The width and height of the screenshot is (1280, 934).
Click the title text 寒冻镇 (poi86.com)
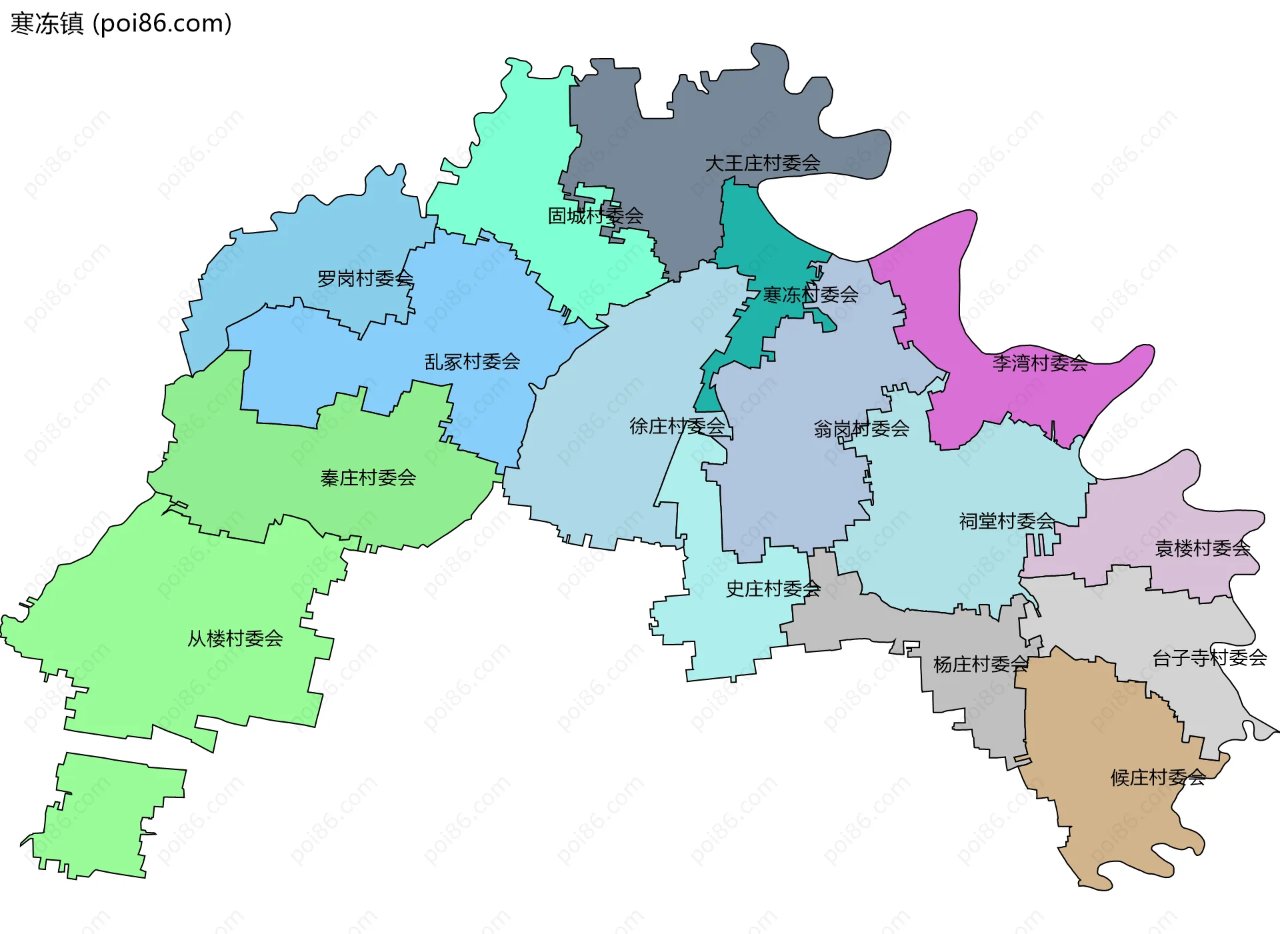121,23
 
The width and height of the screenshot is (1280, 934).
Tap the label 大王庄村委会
762,163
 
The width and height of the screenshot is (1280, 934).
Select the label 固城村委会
595,216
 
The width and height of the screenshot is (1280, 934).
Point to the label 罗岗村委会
365,279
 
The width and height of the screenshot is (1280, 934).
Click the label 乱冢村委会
472,362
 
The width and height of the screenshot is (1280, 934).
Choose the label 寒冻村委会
810,295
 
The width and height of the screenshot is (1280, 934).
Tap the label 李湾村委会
1039,363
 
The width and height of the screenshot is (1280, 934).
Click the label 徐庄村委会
677,427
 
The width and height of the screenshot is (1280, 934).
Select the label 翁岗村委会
861,429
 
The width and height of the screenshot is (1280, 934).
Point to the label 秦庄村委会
368,478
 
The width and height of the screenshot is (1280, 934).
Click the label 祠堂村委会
1006,521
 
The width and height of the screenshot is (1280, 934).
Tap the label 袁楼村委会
1202,549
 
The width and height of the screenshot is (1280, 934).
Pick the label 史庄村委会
773,589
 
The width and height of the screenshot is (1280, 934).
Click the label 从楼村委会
235,639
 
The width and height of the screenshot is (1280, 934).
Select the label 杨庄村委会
980,665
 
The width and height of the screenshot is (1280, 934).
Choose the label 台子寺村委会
1209,658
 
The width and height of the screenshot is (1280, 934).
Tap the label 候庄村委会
1157,778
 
